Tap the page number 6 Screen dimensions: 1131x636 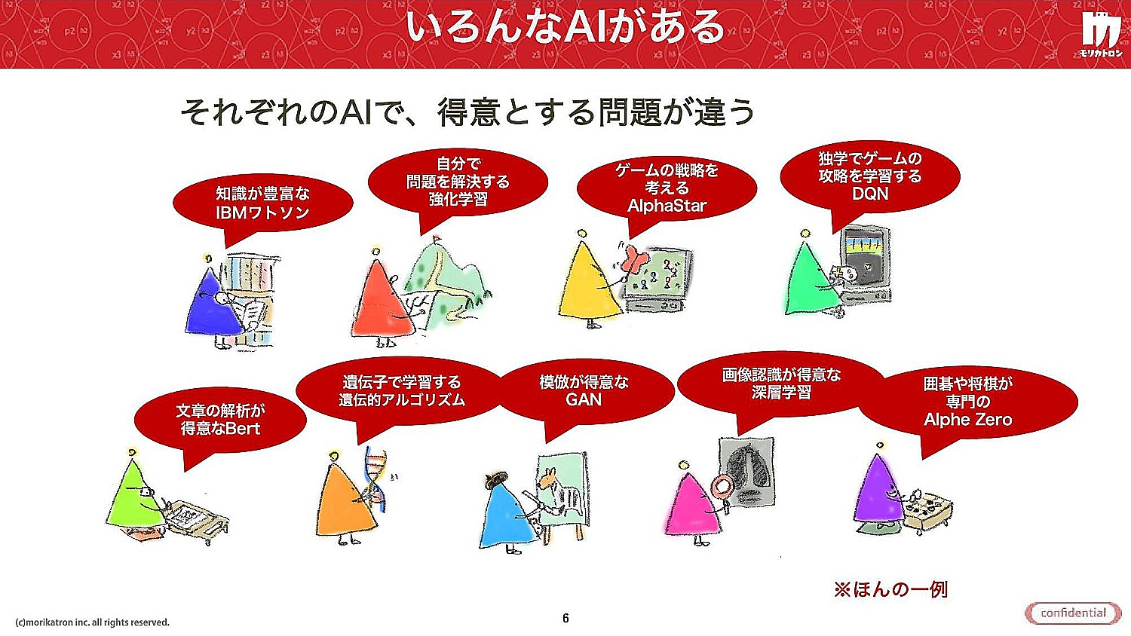(x=565, y=619)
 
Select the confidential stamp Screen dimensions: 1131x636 (x=1073, y=613)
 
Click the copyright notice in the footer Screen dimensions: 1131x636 (x=93, y=622)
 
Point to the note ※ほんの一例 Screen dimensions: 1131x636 (x=890, y=589)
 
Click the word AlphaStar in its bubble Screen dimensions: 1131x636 (x=667, y=206)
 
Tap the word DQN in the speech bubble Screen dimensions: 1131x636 (x=869, y=194)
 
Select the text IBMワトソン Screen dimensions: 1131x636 (x=262, y=213)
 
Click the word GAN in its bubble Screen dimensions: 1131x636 (x=584, y=400)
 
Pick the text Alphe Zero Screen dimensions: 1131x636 (x=967, y=420)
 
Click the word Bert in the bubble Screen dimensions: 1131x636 (x=242, y=429)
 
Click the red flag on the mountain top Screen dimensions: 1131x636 (x=437, y=237)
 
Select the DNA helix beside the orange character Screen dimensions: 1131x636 (x=375, y=479)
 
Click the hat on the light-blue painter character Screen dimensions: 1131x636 (x=496, y=478)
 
